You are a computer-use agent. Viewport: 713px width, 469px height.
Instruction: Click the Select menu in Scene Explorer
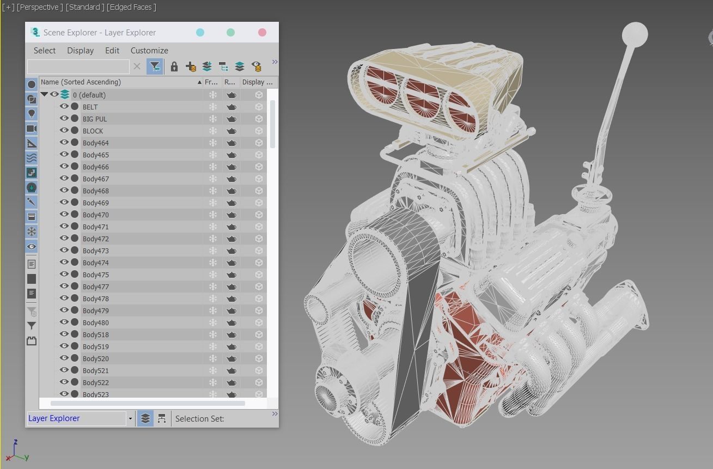pos(45,50)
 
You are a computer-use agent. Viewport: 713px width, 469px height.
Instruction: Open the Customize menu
pos(149,50)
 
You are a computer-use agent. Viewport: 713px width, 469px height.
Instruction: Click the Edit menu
pos(112,50)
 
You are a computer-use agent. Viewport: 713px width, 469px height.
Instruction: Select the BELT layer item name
pos(90,107)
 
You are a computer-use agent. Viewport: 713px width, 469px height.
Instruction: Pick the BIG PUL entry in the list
pos(95,119)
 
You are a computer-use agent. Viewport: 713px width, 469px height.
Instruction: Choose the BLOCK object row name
pos(93,131)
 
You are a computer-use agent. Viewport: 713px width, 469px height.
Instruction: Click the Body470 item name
pos(96,215)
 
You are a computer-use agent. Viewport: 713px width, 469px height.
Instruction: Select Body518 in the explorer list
pos(96,334)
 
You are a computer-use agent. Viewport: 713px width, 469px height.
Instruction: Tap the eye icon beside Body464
pos(64,142)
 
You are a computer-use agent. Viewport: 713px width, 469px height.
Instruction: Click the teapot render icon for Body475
pos(231,275)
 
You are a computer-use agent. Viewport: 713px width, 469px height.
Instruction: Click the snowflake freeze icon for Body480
pos(213,322)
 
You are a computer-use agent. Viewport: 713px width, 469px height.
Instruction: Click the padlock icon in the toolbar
pos(174,66)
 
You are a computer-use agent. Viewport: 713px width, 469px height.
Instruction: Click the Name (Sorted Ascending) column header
pos(81,82)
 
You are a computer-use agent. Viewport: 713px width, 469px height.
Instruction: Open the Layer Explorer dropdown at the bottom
pos(130,418)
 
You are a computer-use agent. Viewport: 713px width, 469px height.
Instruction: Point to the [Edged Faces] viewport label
pos(131,7)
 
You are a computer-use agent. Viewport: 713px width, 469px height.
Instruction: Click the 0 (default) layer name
pos(89,95)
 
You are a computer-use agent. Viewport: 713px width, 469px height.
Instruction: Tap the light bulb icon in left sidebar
pos(32,113)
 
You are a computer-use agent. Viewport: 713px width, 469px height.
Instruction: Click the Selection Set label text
pos(199,418)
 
